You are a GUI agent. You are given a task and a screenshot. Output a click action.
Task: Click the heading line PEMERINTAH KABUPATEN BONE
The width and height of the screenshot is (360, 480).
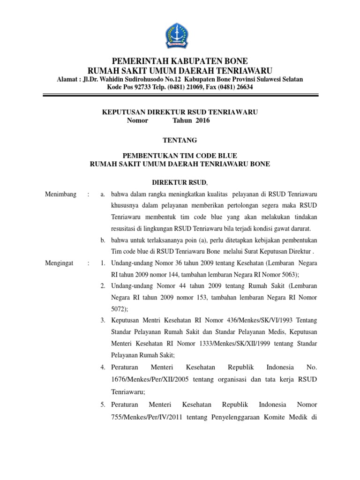coord(180,61)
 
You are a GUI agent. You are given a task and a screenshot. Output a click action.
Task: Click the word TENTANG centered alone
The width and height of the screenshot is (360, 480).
coord(180,140)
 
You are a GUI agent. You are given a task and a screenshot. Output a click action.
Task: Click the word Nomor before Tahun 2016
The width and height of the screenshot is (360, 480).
coord(137,120)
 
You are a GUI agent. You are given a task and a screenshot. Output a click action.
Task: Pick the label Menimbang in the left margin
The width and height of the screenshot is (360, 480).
coord(60,195)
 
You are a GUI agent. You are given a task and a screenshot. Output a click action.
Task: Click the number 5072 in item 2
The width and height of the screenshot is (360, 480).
coord(119,309)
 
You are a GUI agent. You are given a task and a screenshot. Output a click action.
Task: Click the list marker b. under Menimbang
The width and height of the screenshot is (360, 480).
coord(103,240)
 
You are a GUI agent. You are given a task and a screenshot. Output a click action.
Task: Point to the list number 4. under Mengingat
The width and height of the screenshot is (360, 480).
coord(103,367)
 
